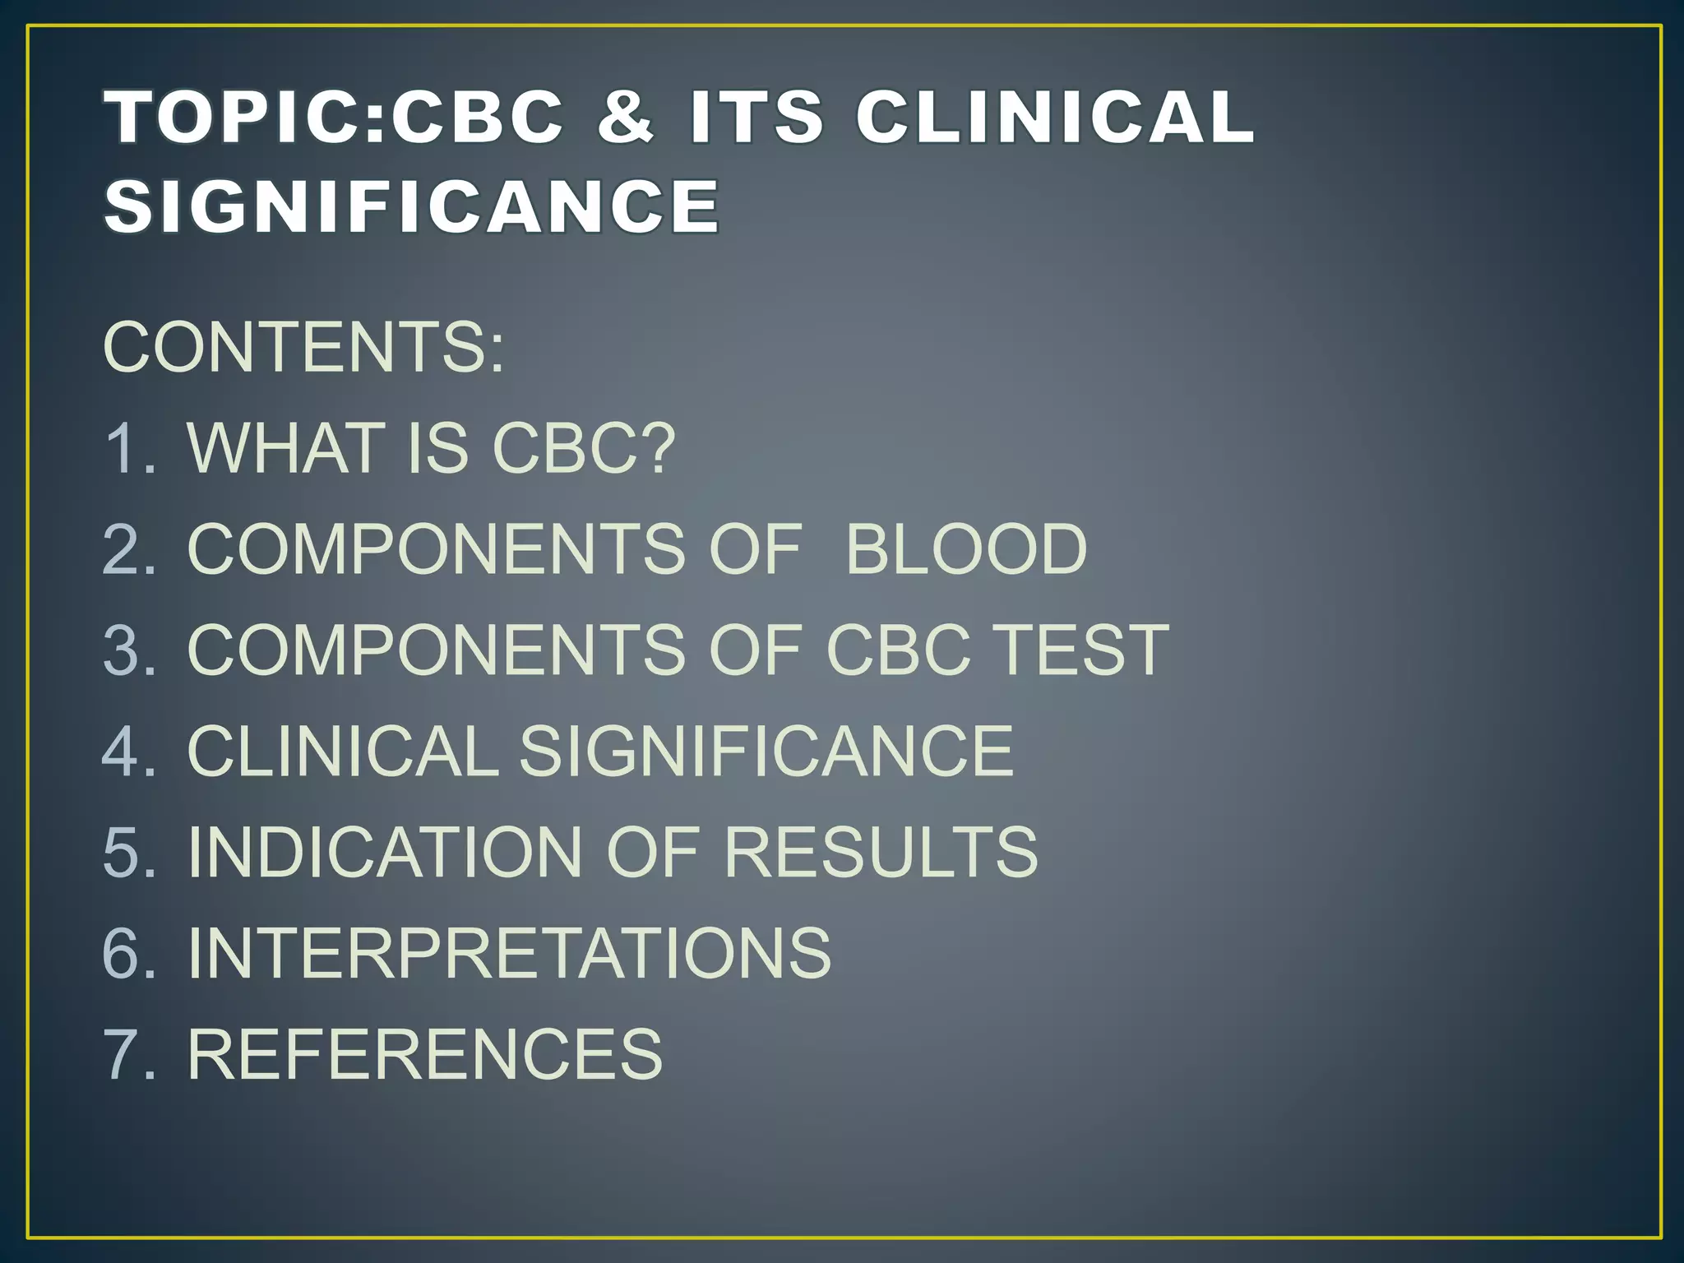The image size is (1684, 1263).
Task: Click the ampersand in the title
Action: coord(626,116)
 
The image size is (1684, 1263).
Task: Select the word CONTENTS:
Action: coord(303,347)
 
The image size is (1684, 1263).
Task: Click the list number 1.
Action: coord(127,448)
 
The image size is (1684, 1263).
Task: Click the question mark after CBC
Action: coord(657,448)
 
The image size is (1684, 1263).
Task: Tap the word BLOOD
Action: coord(966,548)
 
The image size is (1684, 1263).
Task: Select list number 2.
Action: coord(128,548)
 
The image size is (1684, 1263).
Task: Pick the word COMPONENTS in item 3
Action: coord(437,650)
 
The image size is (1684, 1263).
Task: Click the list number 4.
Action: coord(128,751)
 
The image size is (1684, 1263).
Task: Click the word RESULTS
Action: coord(881,852)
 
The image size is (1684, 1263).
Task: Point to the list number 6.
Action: coord(128,952)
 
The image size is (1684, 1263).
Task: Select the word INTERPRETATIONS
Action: coord(510,952)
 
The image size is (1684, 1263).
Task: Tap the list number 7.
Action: coord(128,1053)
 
